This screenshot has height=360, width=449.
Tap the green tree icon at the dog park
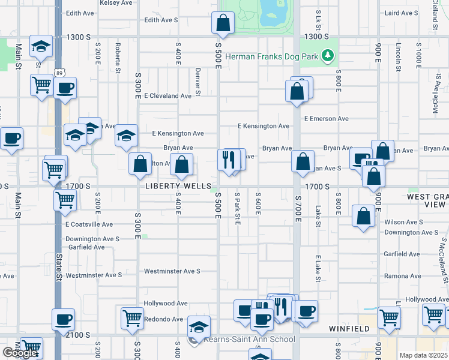(327, 56)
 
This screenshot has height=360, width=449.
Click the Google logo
(20, 353)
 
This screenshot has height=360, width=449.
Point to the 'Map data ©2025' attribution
(423, 355)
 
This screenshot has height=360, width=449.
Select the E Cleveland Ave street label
(167, 96)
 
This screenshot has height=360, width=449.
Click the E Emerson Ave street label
(326, 119)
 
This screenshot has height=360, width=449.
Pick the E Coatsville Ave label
(88, 224)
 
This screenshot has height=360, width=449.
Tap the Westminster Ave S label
(172, 271)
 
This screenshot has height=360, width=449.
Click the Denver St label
(197, 81)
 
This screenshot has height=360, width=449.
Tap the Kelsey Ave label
(117, 3)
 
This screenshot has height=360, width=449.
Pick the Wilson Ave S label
(403, 222)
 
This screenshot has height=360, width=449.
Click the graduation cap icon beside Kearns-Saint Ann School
(199, 326)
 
